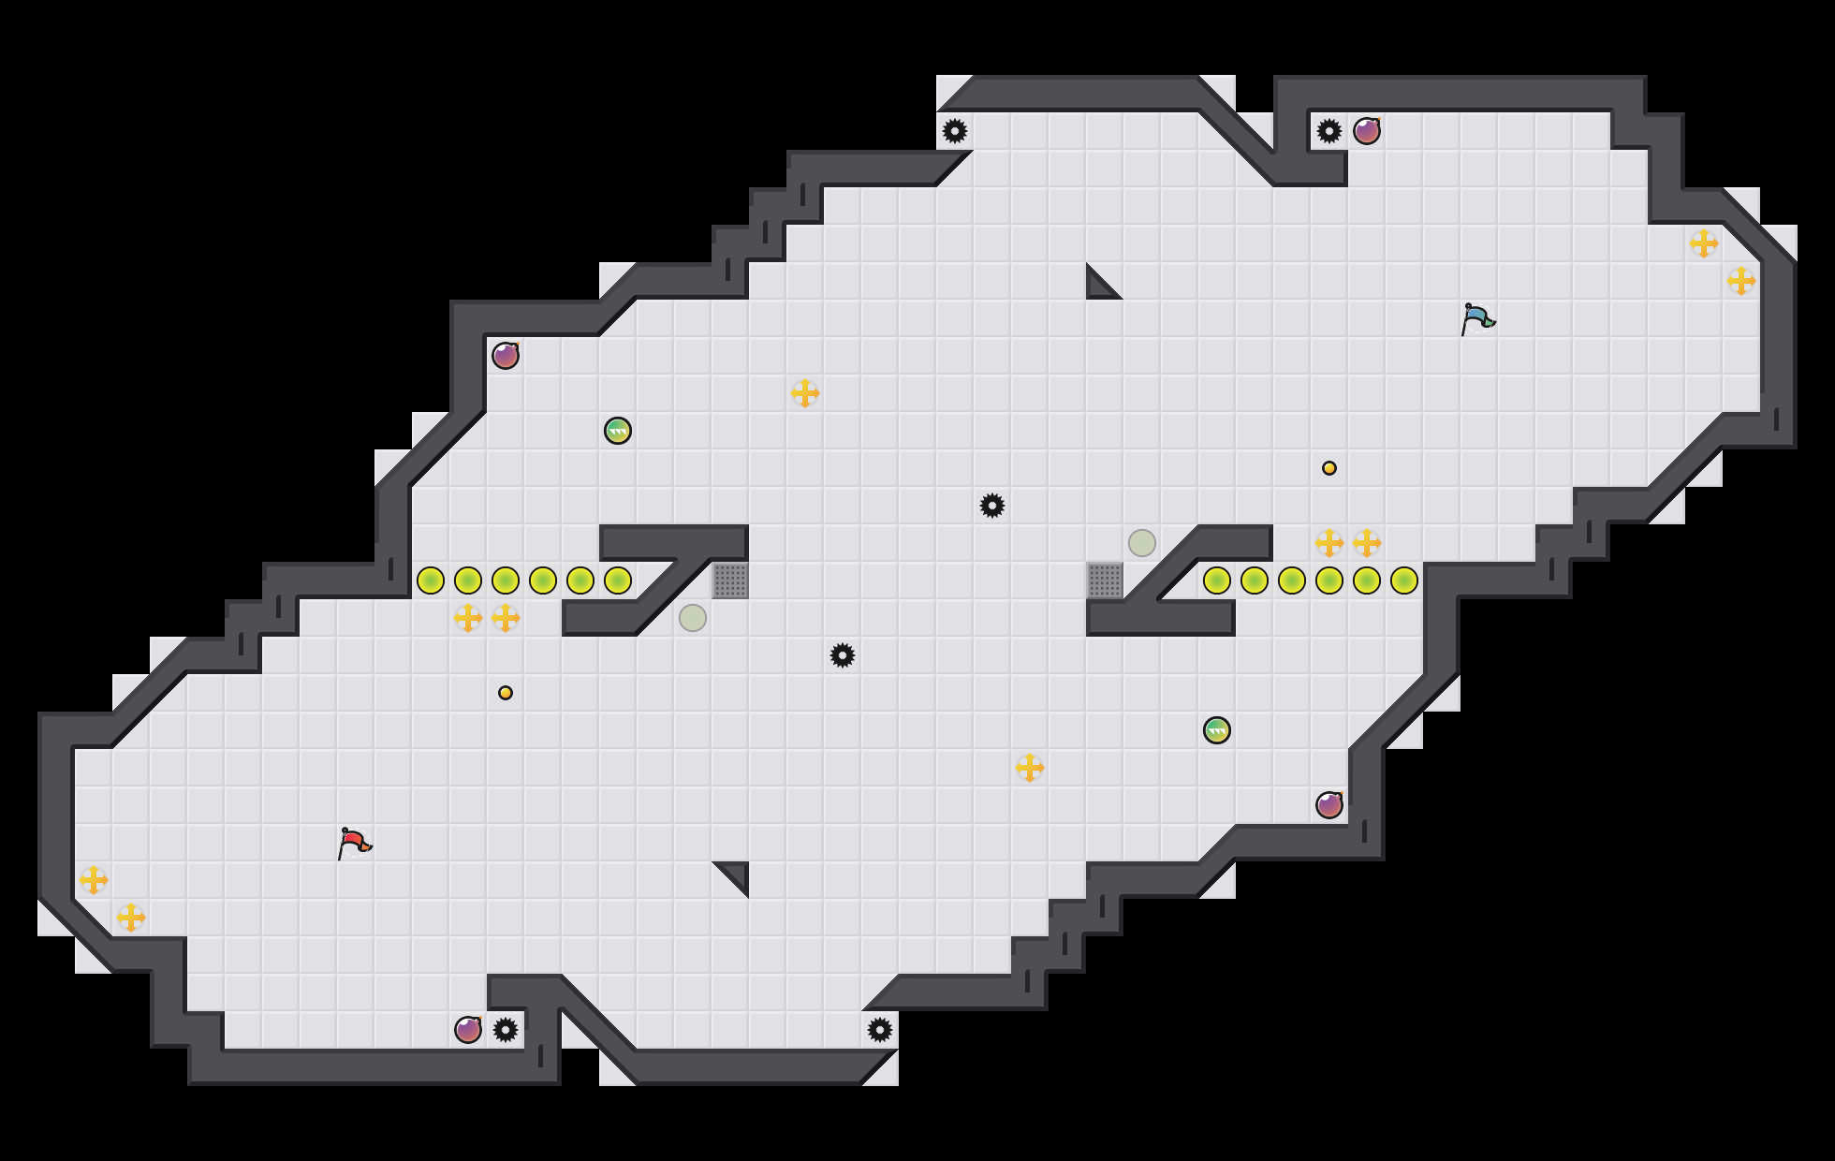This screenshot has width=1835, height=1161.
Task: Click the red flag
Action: [354, 843]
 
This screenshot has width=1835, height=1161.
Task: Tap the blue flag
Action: [1476, 318]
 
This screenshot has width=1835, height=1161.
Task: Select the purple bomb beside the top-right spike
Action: [1367, 131]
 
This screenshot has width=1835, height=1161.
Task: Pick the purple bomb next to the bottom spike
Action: [468, 1030]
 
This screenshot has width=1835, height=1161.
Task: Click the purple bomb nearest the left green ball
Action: [506, 356]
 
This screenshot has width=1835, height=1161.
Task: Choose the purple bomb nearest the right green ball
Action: [1329, 805]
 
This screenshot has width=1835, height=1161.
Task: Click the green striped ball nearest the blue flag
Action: [1217, 730]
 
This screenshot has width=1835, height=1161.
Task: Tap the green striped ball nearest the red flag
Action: [618, 431]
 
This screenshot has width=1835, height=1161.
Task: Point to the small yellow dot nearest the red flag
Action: [506, 693]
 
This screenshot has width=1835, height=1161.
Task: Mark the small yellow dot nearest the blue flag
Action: [1329, 468]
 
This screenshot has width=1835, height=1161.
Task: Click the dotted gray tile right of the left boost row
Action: [730, 580]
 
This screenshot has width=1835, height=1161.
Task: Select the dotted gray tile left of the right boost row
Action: [1105, 580]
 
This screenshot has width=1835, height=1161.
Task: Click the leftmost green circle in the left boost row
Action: [431, 580]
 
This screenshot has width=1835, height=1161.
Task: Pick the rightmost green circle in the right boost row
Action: [1404, 580]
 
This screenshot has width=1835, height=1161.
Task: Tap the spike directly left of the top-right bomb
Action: [1329, 131]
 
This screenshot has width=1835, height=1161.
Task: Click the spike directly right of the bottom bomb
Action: [506, 1030]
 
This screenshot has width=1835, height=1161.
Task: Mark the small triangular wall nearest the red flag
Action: [737, 874]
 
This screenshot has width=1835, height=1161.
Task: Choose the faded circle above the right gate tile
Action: [1142, 543]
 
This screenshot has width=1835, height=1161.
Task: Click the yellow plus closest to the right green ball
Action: [1030, 768]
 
